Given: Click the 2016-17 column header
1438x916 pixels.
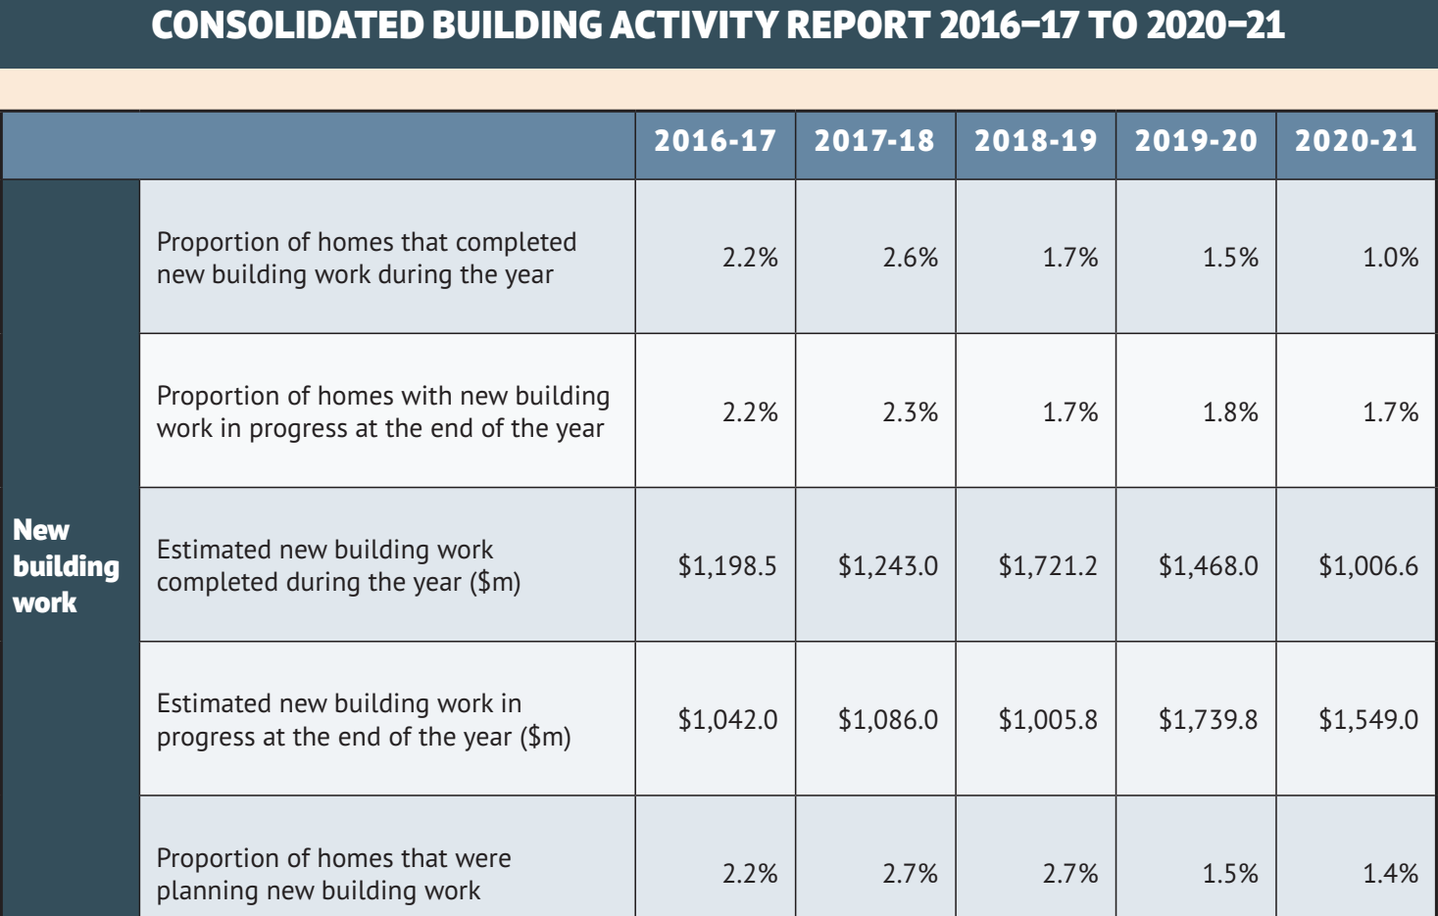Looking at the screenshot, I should (x=715, y=141).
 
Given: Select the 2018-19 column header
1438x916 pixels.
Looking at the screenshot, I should (x=1035, y=141).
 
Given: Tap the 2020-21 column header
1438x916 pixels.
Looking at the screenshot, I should (x=1356, y=141).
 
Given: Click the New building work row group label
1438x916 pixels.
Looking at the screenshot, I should (x=66, y=566).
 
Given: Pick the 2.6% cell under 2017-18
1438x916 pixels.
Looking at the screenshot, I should (x=910, y=258).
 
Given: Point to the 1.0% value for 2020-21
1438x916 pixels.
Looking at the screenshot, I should (x=1390, y=258).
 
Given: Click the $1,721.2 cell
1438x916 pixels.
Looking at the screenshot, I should (x=1047, y=566).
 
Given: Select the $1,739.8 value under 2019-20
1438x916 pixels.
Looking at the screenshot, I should (x=1208, y=720).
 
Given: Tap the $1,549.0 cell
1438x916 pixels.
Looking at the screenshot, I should (x=1367, y=720).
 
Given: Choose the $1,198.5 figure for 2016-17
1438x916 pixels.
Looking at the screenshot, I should (x=727, y=566).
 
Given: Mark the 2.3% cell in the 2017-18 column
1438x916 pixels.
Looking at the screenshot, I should (x=910, y=412).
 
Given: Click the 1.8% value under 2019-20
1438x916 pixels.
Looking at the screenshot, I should (x=1230, y=412).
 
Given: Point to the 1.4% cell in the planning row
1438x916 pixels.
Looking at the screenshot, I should (x=1390, y=874).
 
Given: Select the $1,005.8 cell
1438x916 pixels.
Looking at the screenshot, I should (x=1047, y=720).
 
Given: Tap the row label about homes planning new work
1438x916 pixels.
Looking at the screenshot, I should (x=333, y=874).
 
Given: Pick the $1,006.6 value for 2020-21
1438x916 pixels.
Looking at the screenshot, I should (x=1367, y=566).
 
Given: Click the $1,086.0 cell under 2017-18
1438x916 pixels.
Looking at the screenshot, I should (x=887, y=720).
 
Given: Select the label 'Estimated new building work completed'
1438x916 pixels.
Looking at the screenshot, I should (x=338, y=565).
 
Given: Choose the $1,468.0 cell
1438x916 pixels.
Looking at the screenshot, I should (x=1208, y=566).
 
